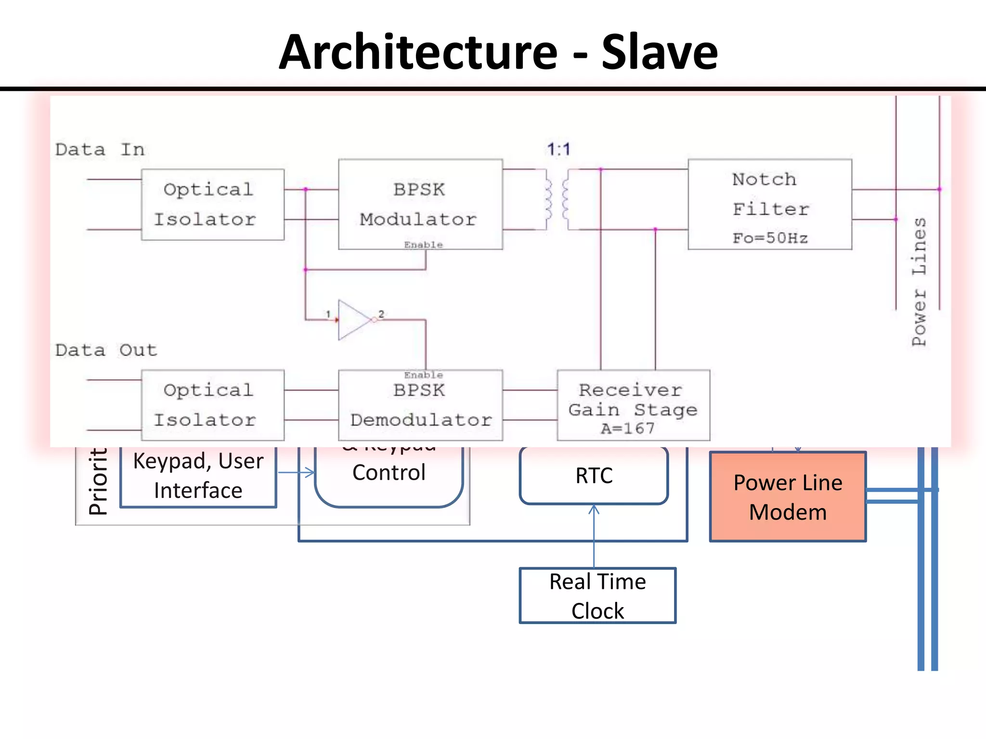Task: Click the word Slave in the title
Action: [659, 52]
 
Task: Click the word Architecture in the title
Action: [418, 52]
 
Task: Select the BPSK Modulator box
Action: [420, 204]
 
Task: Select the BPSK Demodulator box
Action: [420, 405]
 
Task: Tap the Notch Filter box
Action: [769, 204]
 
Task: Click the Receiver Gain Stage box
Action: [633, 405]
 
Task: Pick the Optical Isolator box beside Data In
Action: [212, 204]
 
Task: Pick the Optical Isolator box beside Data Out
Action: [212, 405]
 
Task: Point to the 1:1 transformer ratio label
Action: [558, 149]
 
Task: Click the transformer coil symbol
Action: [557, 200]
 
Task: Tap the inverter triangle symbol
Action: [354, 319]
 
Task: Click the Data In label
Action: [100, 150]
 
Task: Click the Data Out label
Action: [106, 350]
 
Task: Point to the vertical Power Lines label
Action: [919, 281]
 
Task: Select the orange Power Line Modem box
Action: [788, 497]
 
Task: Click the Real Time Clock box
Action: [597, 596]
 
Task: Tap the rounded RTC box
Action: [594, 475]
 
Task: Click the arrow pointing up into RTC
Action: [594, 510]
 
